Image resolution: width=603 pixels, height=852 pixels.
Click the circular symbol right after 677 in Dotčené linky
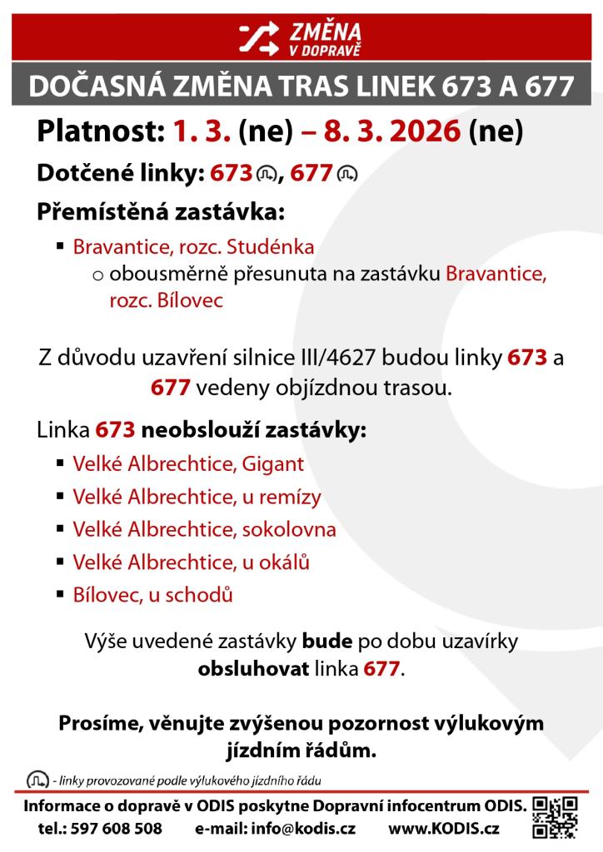347,174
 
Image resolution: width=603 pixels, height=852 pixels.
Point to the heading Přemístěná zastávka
161,211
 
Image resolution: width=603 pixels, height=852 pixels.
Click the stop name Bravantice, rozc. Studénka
193,248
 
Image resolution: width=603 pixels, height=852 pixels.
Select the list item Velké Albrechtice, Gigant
188,463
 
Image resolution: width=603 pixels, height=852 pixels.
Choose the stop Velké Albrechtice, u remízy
197,497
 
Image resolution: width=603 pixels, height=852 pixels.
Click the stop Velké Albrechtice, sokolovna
205,529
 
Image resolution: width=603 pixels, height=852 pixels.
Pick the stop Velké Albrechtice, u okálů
192,562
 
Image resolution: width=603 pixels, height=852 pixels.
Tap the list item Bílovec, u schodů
152,596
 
